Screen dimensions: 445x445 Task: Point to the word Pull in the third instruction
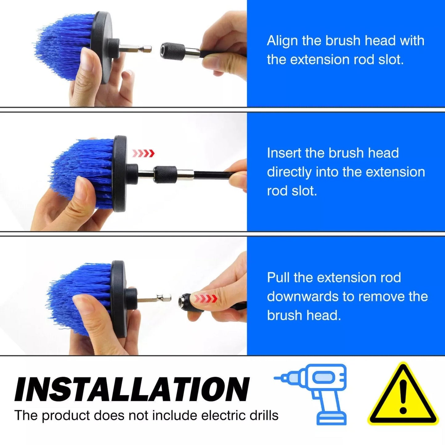[278, 277]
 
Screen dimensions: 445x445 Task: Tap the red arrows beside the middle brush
[143, 153]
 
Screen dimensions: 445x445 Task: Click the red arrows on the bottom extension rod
[206, 299]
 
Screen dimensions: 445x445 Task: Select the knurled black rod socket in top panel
[173, 50]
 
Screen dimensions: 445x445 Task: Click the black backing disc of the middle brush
[120, 173]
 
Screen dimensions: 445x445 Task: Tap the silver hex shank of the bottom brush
[154, 299]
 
